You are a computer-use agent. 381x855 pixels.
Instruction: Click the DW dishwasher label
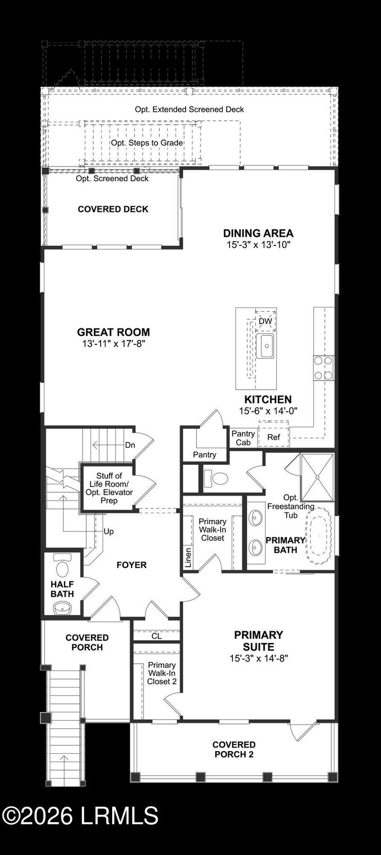point(265,321)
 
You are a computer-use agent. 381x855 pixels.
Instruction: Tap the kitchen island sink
point(265,346)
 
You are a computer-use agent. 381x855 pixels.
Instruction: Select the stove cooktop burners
point(323,368)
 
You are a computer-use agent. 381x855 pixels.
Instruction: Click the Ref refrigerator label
point(274,437)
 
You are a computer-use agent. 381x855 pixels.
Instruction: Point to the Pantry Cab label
point(243,438)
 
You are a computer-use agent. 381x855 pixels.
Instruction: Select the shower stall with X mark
point(317,477)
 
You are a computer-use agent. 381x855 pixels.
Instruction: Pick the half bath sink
point(62,607)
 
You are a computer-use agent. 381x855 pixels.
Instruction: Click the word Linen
point(188,557)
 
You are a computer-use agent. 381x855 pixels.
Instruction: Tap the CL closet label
point(157,636)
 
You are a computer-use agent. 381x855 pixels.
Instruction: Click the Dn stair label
point(130,445)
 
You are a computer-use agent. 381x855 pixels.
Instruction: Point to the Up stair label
point(108,531)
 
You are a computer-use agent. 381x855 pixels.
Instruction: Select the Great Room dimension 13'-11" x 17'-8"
point(113,343)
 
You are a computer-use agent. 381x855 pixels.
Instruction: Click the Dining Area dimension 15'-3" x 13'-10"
point(258,244)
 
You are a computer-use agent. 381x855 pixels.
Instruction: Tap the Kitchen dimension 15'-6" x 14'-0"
point(268,411)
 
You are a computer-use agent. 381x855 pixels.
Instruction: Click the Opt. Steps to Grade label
point(147,143)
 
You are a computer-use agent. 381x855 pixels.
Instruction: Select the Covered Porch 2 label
point(234,750)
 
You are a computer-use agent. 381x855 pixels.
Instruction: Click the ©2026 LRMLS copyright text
point(80,816)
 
